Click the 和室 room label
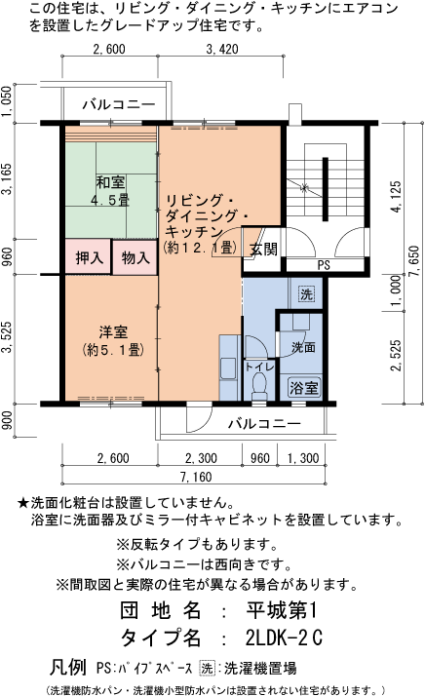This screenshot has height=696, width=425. pyautogui.click(x=110, y=182)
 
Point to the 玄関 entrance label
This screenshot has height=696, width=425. pyautogui.click(x=263, y=249)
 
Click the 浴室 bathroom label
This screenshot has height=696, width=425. pyautogui.click(x=304, y=387)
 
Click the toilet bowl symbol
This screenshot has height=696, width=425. pyautogui.click(x=258, y=386)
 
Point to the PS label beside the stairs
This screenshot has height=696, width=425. pyautogui.click(x=323, y=264)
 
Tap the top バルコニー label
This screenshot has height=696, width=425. pyautogui.click(x=119, y=103)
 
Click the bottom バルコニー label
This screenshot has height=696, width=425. pyautogui.click(x=264, y=424)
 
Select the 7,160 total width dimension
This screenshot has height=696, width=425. pyautogui.click(x=195, y=477)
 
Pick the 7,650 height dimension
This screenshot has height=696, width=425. pyautogui.click(x=413, y=263)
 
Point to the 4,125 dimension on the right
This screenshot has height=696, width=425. pyautogui.click(x=394, y=196)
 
